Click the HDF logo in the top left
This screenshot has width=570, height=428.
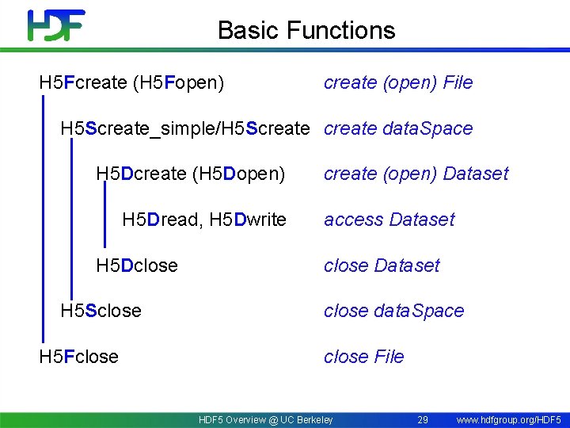point(55,25)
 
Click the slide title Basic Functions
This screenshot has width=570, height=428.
point(306,30)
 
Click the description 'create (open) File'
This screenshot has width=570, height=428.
point(397,82)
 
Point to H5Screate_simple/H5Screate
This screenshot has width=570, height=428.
point(184,128)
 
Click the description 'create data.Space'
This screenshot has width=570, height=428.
point(397,128)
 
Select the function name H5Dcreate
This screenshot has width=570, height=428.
point(141,174)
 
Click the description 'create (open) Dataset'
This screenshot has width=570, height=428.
point(416,174)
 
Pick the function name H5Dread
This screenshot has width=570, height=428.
point(161,220)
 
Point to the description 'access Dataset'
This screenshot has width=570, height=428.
point(389,220)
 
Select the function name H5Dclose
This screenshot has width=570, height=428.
point(136,266)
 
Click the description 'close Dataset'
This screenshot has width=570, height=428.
point(381,266)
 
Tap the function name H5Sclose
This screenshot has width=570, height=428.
point(101,311)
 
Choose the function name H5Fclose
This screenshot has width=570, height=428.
point(79,357)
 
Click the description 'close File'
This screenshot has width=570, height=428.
point(363,357)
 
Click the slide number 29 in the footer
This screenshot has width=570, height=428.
point(423,419)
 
